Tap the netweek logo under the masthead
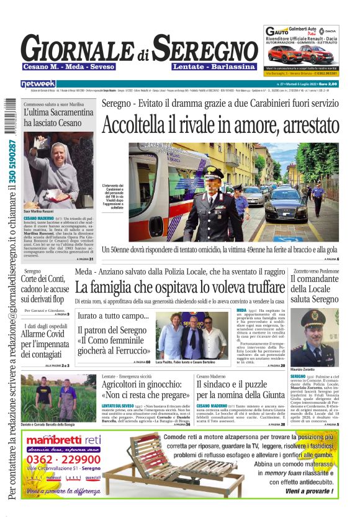point(38,84)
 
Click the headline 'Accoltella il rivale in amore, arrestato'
point(220,125)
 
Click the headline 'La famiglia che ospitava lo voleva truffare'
point(180,288)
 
